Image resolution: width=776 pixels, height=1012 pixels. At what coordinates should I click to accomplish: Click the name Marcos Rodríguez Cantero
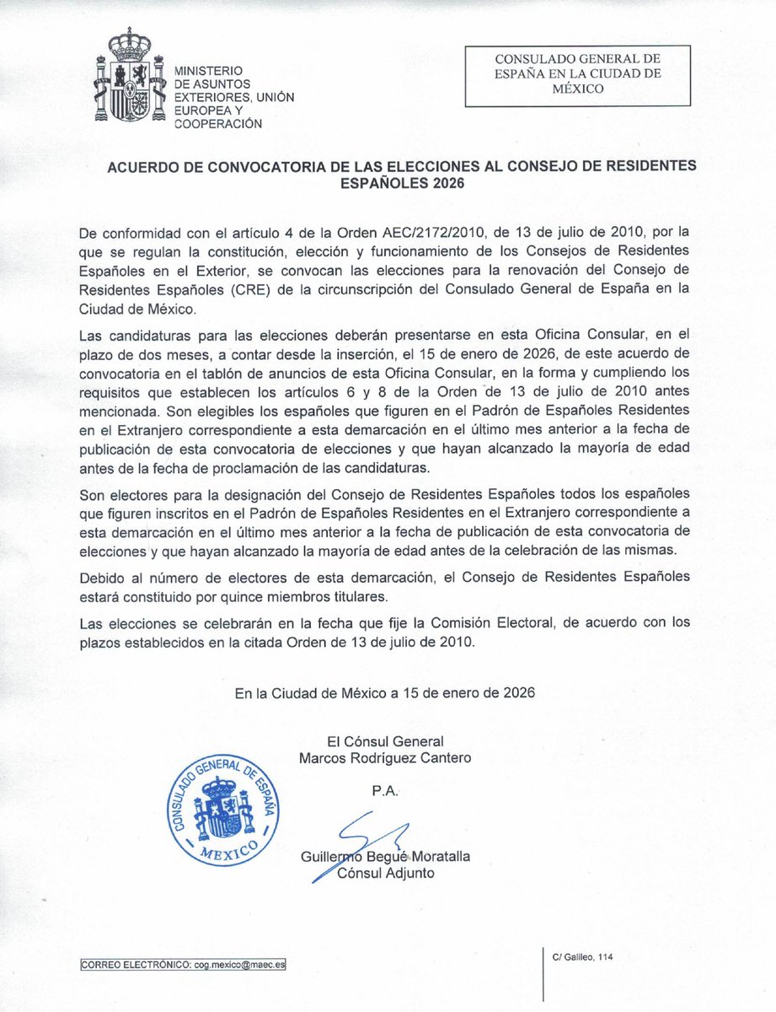tap(385, 757)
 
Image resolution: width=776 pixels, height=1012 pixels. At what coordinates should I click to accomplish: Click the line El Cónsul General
tap(385, 740)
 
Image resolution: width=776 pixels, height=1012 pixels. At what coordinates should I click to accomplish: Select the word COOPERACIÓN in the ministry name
tap(217, 124)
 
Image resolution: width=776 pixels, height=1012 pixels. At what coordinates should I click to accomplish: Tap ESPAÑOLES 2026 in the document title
tap(401, 181)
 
